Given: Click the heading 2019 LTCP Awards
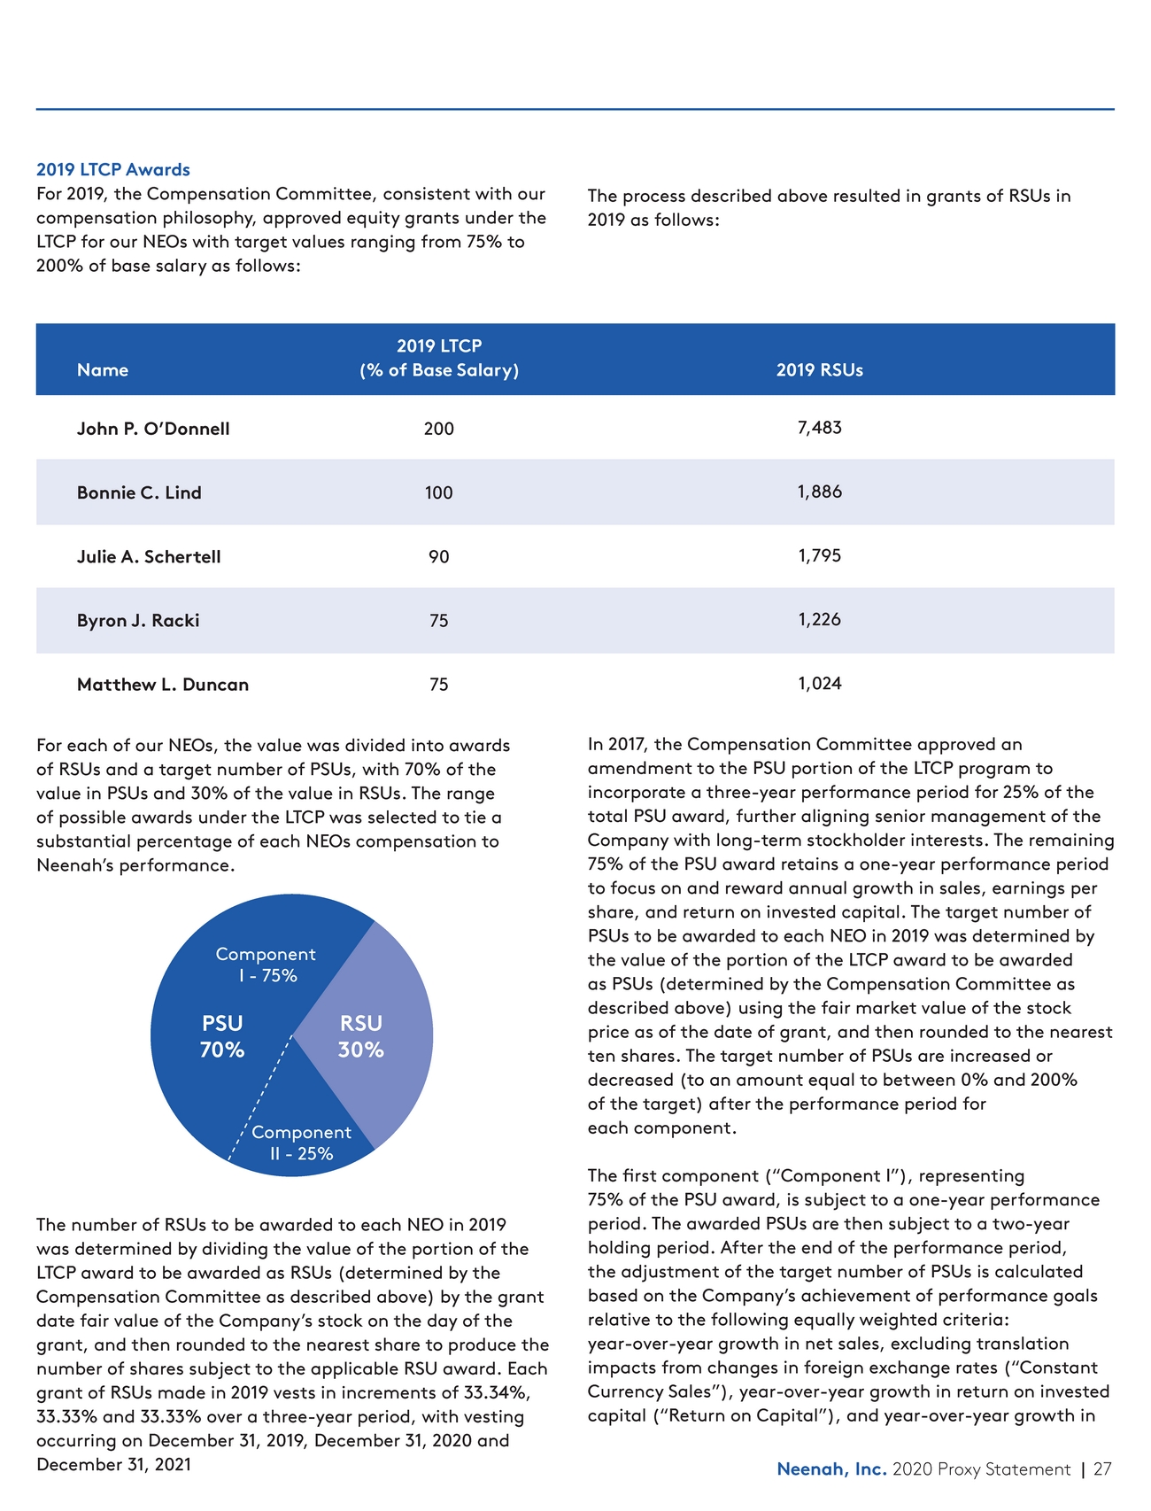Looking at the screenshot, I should tap(113, 169).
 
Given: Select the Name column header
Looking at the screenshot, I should tap(103, 370).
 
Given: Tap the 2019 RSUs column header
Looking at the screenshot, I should tap(819, 370).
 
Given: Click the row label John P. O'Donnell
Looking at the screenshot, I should tap(153, 429).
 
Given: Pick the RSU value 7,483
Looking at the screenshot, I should tap(819, 428).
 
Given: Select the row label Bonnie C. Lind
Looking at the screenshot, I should tap(139, 492).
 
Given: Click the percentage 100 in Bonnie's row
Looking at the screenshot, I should tap(438, 493).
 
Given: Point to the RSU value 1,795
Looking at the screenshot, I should tap(819, 556).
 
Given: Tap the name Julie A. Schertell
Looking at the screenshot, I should tap(149, 557).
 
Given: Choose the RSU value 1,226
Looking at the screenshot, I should tap(819, 620).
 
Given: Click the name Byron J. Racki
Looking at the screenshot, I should tap(138, 621).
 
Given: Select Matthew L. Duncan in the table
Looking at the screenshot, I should tap(163, 685).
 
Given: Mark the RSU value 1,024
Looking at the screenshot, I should tap(819, 684).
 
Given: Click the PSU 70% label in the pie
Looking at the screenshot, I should tap(222, 1036).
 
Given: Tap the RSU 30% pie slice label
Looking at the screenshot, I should tap(361, 1036).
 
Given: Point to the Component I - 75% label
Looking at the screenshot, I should tap(266, 965).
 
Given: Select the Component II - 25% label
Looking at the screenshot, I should tap(301, 1143).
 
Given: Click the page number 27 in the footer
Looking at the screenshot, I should tap(1102, 1469).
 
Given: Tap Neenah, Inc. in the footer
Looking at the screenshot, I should tap(831, 1469).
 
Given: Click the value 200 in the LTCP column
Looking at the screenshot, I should tap(438, 430).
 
